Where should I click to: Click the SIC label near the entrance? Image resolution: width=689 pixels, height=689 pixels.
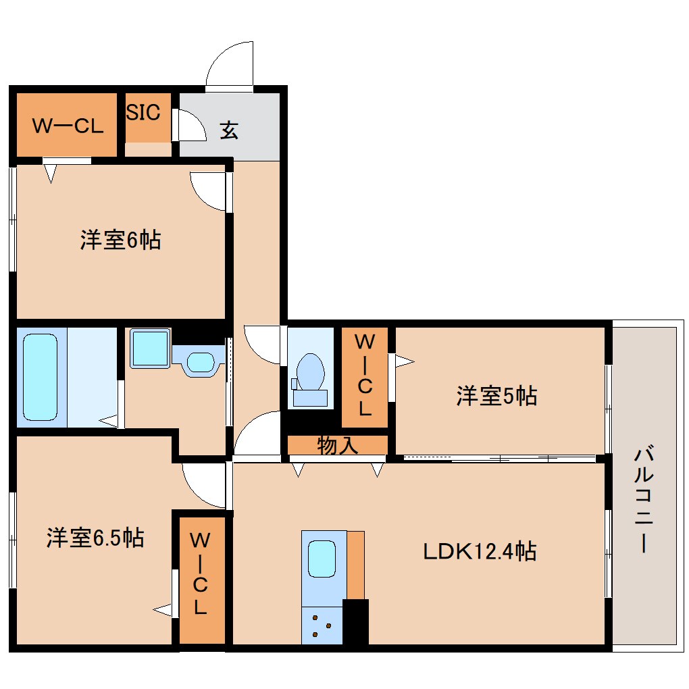(x=143, y=112)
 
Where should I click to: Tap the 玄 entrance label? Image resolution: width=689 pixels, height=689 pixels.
(x=229, y=130)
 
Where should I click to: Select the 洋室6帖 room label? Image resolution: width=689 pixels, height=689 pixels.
(x=120, y=240)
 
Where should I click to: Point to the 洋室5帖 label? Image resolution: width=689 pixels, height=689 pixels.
(x=496, y=395)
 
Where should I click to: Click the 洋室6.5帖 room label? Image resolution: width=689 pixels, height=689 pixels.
(x=95, y=538)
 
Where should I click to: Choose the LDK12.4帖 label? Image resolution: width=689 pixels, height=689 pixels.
(x=480, y=551)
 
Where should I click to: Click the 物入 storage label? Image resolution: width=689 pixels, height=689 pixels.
(x=337, y=445)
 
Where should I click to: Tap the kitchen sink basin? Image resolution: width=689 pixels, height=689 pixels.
(x=322, y=558)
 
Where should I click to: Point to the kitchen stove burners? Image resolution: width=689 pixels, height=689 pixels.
(x=322, y=626)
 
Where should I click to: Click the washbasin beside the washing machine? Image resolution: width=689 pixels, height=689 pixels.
(x=199, y=361)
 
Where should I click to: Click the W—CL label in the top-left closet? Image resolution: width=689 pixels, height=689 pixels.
(x=68, y=126)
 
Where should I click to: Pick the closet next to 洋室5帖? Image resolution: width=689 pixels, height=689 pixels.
(x=365, y=377)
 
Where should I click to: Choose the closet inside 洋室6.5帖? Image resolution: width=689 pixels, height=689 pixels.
(x=201, y=580)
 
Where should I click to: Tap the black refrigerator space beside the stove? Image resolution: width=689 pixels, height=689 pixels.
(x=356, y=621)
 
